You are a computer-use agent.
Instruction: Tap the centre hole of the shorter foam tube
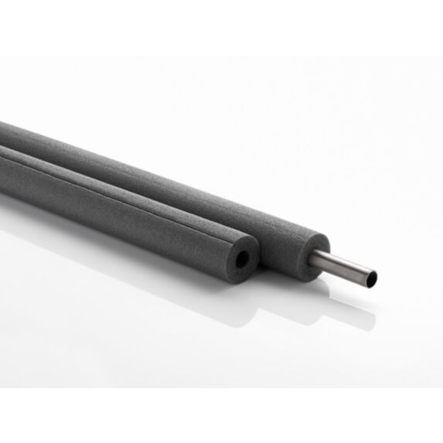coord(244,260)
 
